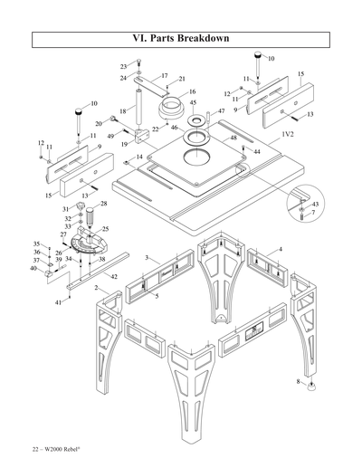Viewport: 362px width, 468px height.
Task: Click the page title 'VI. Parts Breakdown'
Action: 180,39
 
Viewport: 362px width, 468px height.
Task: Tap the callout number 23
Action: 124,67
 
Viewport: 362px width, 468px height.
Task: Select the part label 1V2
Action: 288,134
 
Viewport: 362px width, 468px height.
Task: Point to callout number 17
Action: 164,75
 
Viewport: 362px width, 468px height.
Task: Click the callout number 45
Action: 193,103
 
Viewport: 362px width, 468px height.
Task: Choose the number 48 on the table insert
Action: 233,138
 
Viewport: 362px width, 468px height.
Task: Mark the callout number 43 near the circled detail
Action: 314,205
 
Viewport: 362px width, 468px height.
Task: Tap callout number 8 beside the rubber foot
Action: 300,382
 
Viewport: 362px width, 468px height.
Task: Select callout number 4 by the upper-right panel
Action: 281,249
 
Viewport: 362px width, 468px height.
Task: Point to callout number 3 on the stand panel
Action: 146,258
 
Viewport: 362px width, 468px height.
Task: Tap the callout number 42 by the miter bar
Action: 114,275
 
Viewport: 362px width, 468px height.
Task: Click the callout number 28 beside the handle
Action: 103,204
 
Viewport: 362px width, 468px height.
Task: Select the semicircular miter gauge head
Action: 95,242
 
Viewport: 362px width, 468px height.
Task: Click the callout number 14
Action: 138,158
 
